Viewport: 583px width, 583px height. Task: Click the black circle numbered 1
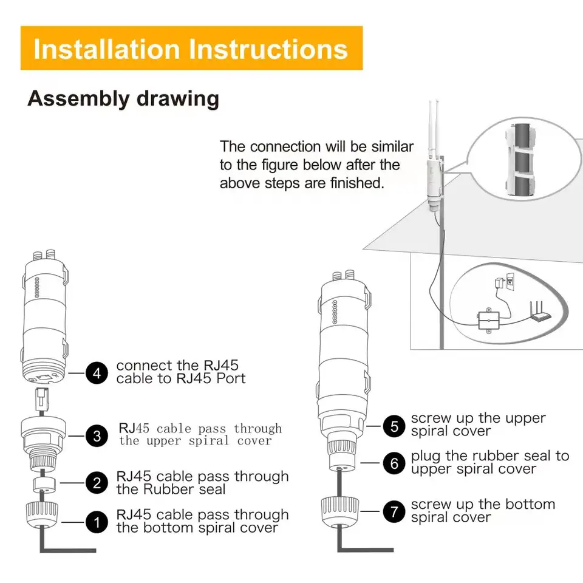[x=97, y=522]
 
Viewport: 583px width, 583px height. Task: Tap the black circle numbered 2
[x=97, y=483]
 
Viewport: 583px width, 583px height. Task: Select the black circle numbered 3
[x=97, y=436]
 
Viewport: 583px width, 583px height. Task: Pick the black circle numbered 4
[x=97, y=372]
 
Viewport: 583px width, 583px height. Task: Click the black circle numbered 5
[x=394, y=426]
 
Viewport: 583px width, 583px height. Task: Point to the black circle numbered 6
[x=394, y=463]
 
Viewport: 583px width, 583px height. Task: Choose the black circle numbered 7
[x=394, y=511]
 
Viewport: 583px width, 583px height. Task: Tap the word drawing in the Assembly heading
[x=178, y=99]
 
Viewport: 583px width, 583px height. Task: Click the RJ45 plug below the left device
[x=42, y=398]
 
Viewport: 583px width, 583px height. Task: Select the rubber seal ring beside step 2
[x=44, y=485]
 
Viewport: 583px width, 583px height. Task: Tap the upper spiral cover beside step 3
[x=44, y=442]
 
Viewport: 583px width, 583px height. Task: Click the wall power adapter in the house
[x=499, y=283]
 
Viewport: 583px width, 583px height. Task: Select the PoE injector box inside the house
[x=488, y=321]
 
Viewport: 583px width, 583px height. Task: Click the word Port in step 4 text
[x=231, y=378]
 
